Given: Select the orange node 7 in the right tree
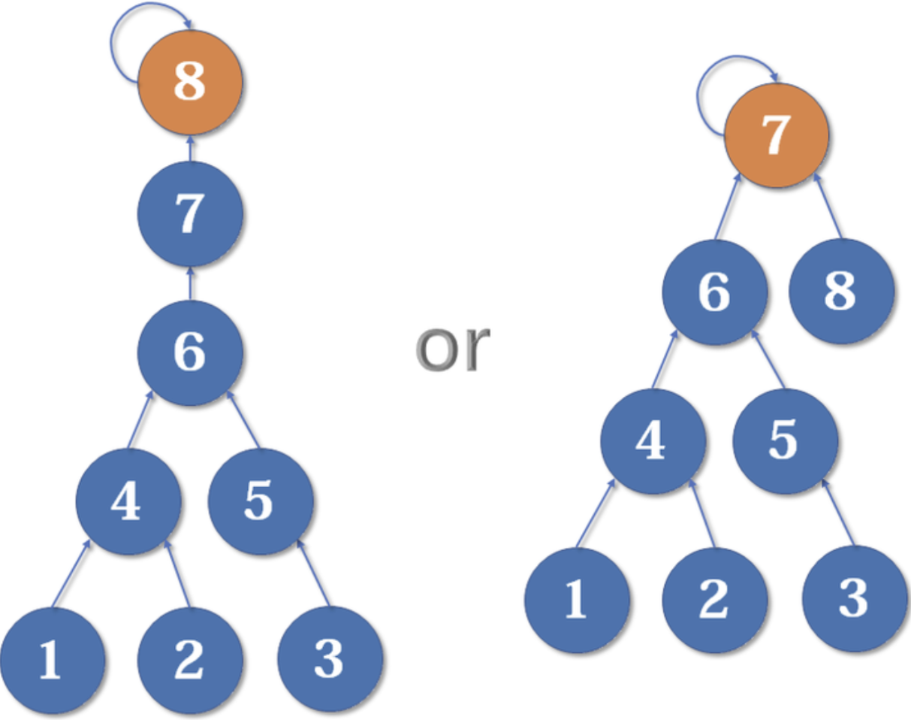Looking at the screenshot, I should [777, 135].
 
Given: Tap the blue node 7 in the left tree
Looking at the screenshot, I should [190, 214].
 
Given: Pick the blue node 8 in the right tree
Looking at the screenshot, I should [841, 291].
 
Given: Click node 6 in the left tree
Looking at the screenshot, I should [190, 352].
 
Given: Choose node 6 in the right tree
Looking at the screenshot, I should [714, 291].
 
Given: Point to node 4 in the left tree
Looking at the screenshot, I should [128, 501].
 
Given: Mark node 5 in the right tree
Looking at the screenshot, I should [785, 440].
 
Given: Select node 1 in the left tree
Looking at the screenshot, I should [51, 660].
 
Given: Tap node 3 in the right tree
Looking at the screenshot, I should [854, 599].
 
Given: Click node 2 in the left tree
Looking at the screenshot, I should [190, 660].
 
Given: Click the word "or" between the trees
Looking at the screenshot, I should [453, 347].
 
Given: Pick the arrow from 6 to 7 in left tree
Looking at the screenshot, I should [190, 283].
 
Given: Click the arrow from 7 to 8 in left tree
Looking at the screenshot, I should [190, 148].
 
